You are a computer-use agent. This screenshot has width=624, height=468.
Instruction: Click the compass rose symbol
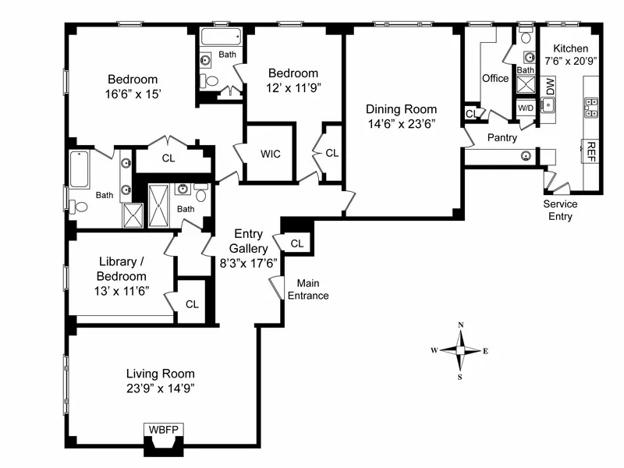coord(460,351)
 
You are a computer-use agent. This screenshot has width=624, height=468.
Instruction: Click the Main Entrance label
coord(309,290)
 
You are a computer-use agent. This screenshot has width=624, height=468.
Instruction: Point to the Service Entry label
coord(560,211)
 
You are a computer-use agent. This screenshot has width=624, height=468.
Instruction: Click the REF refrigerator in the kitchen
coord(592,150)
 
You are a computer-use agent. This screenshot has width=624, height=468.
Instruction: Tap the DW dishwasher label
coord(550,86)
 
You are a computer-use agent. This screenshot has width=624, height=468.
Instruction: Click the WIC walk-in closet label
coord(271,154)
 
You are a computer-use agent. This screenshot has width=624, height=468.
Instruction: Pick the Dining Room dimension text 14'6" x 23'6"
coord(402,123)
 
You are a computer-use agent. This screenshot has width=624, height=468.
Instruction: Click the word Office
coord(495,78)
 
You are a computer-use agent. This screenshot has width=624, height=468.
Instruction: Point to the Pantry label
coord(503,137)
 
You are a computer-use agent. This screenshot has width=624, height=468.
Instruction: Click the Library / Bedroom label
coord(121,269)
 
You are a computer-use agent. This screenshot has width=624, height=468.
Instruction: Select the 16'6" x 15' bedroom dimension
coord(133,94)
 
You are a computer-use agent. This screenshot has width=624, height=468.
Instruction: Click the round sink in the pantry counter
coord(527,154)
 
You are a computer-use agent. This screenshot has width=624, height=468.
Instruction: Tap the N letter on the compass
coord(461,325)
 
